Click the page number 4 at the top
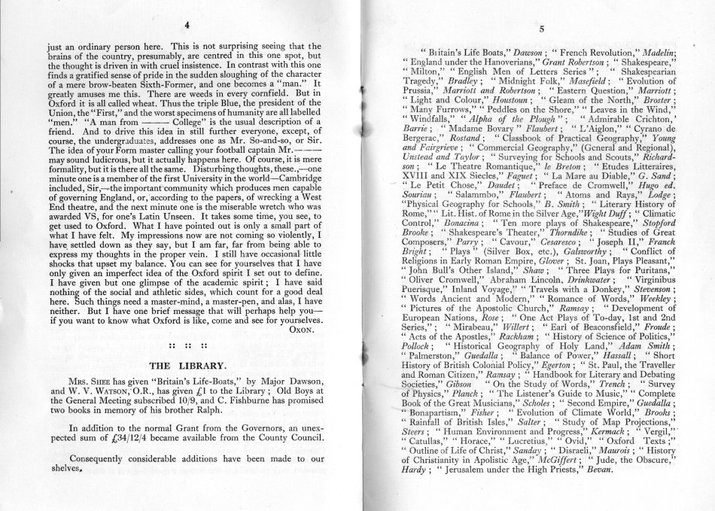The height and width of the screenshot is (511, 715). coord(185,24)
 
